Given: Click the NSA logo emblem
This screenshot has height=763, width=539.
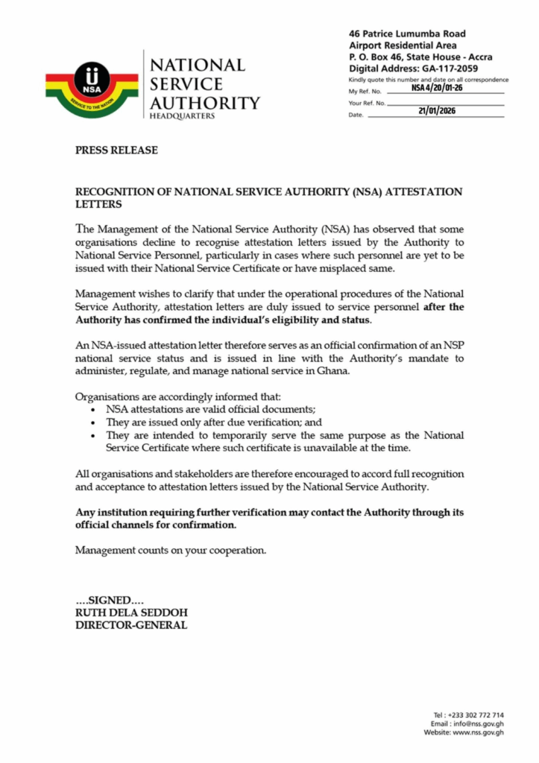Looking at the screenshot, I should (x=92, y=86).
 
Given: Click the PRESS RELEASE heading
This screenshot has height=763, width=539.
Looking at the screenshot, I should (x=116, y=151).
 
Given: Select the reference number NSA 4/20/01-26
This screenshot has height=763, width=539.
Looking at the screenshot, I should (x=437, y=88).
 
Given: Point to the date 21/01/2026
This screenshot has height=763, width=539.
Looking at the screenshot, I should (x=437, y=111).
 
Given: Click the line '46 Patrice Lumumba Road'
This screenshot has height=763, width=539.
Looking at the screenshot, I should (x=407, y=34).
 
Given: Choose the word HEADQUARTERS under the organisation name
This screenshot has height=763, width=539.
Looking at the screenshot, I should (x=182, y=117).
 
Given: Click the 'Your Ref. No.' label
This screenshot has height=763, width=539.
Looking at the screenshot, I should (x=367, y=103).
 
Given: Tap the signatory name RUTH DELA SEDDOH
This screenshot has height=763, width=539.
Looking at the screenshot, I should (x=131, y=613).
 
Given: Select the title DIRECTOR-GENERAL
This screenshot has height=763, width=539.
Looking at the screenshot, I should (x=131, y=625).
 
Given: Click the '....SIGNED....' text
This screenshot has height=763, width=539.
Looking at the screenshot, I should (x=110, y=601).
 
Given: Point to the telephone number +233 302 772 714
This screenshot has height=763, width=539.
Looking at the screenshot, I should (x=476, y=715).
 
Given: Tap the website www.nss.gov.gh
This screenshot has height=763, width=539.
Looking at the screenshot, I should (x=476, y=732).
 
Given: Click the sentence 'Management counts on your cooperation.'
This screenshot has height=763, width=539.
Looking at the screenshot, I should (x=171, y=551).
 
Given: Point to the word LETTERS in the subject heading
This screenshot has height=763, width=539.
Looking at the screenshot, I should (x=99, y=203).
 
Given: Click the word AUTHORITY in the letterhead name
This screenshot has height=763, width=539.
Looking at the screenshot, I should (x=205, y=103).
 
